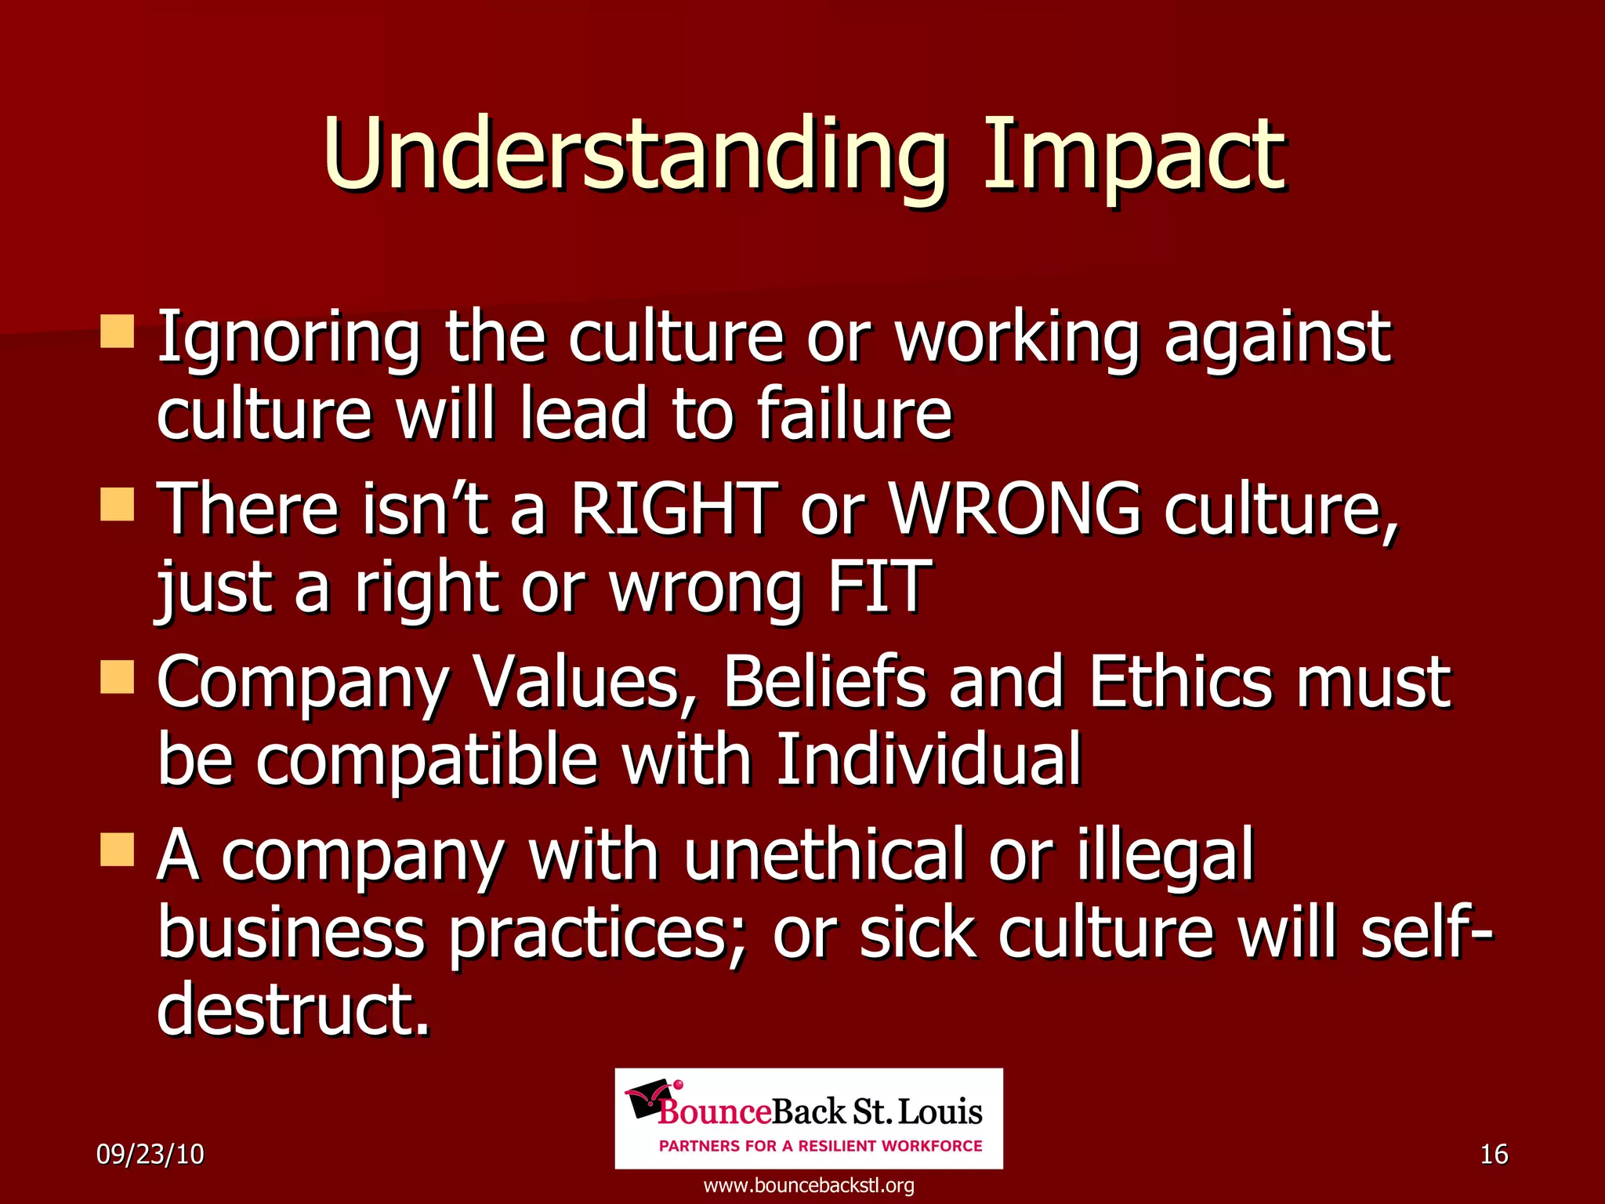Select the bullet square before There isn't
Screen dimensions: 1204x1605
118,505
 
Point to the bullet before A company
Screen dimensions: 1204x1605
118,850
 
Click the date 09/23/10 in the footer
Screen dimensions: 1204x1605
150,1155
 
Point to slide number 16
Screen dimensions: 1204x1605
1494,1155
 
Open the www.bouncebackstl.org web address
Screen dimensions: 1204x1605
809,1185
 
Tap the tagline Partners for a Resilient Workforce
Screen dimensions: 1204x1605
821,1146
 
